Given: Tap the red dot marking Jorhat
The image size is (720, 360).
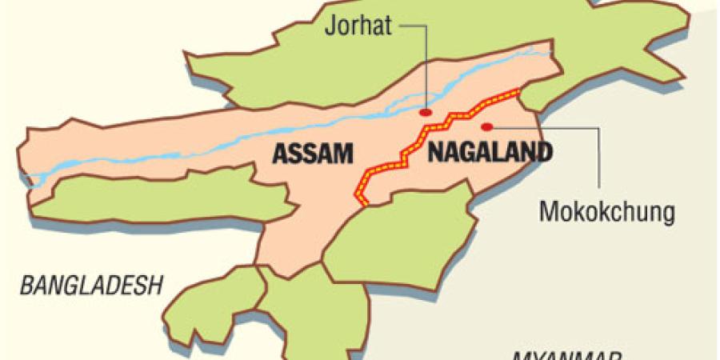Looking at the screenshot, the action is pos(427,113).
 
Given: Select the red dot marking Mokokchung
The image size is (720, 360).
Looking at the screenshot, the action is pos(486,126).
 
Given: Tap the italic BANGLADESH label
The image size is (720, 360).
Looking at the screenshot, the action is pos(91,284).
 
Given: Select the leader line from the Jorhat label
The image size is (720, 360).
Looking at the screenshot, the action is pos(424,64).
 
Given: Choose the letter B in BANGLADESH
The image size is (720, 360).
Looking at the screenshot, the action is pos(26,284).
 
